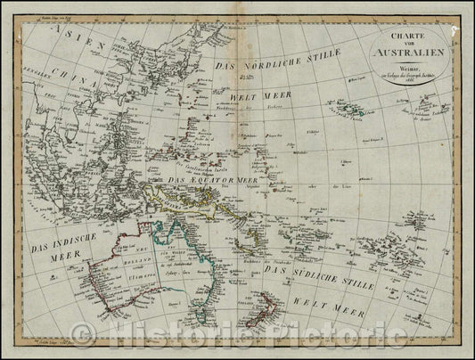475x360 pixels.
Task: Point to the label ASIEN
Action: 65,37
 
